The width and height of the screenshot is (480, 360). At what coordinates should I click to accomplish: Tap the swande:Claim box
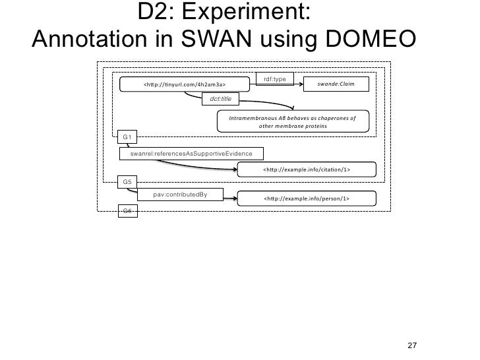(x=336, y=85)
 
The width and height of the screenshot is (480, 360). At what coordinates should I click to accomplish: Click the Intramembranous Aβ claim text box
(x=292, y=122)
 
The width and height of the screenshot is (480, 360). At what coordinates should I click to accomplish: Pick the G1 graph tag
(x=127, y=136)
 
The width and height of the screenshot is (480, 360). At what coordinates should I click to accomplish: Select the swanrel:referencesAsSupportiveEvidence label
(x=191, y=153)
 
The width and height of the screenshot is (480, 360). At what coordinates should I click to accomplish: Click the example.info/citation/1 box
(x=307, y=170)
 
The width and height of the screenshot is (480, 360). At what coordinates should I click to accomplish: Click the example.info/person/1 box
(x=307, y=198)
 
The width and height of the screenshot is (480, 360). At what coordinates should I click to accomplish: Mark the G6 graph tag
(x=127, y=210)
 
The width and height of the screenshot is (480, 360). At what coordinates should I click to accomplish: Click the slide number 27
(x=413, y=346)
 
